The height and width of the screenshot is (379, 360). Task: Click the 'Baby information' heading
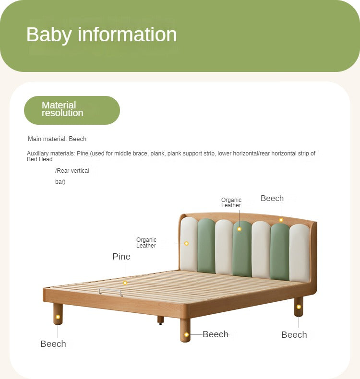click(101, 35)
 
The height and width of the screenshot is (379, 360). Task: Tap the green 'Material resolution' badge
click(72, 110)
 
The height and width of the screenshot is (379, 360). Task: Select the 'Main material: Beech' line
click(57, 139)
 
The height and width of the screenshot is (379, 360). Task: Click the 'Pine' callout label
click(121, 256)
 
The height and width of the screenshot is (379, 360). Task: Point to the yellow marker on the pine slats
click(125, 283)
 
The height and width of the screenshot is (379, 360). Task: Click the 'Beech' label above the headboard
click(272, 198)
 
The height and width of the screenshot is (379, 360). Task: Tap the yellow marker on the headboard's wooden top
click(281, 220)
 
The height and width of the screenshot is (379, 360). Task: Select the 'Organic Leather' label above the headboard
click(231, 202)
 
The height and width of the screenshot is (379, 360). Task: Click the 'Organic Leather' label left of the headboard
click(146, 242)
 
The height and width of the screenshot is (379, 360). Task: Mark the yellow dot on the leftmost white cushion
click(186, 243)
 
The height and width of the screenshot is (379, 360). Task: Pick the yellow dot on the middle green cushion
click(239, 229)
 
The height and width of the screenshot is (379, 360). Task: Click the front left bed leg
click(58, 314)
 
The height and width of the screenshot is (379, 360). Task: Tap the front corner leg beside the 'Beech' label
click(185, 330)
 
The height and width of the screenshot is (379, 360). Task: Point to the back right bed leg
click(299, 307)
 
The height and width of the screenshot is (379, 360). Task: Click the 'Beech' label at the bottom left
click(53, 343)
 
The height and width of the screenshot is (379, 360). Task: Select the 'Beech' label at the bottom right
click(294, 335)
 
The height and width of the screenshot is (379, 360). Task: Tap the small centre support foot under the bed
click(160, 320)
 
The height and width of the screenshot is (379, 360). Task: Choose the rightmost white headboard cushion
click(300, 253)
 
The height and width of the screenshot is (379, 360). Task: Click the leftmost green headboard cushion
click(206, 246)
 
